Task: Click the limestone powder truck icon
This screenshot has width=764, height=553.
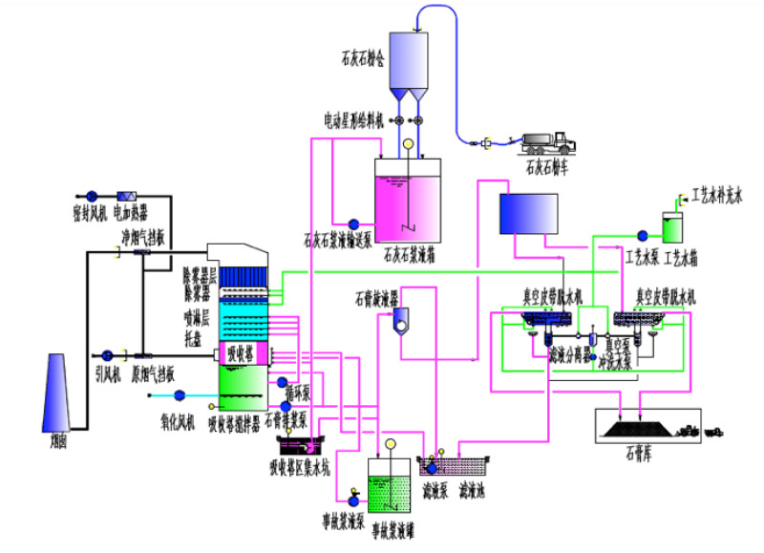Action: (x=548, y=143)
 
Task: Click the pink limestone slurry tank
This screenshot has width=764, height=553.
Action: (x=409, y=202)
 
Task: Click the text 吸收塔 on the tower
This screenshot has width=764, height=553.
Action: (x=240, y=353)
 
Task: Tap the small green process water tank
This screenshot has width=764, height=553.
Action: (x=673, y=228)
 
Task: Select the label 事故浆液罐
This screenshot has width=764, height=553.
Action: (x=392, y=527)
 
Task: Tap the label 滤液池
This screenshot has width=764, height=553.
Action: (x=475, y=494)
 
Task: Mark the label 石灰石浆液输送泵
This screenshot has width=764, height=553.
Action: (x=337, y=240)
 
